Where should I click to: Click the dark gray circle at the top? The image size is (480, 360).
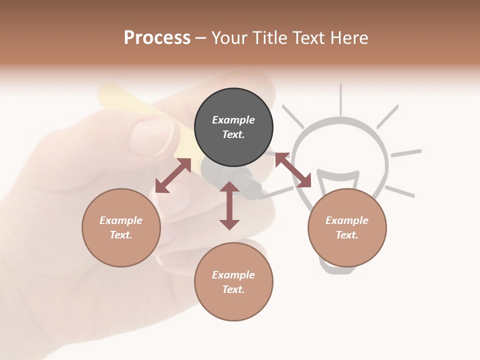(233, 127)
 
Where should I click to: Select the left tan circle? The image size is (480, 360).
(121, 227)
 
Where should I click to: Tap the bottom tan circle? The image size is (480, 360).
(233, 282)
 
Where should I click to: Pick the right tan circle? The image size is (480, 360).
(347, 227)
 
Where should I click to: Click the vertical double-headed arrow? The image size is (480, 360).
(229, 205)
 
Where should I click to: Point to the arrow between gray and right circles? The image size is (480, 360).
(293, 170)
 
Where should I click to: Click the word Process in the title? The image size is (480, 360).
(157, 37)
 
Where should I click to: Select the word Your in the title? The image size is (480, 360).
(229, 37)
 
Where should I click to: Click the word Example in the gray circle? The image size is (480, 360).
(233, 120)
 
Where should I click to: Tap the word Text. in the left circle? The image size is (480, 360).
(121, 235)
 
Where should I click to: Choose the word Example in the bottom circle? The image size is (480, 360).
(233, 274)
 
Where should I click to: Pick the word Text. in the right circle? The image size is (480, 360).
(347, 235)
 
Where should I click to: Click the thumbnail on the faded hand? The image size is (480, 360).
(152, 135)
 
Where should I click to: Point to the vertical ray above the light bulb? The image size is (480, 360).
(341, 98)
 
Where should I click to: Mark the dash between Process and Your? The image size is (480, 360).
(201, 38)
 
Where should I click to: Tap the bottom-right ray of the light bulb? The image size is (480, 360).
(400, 190)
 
